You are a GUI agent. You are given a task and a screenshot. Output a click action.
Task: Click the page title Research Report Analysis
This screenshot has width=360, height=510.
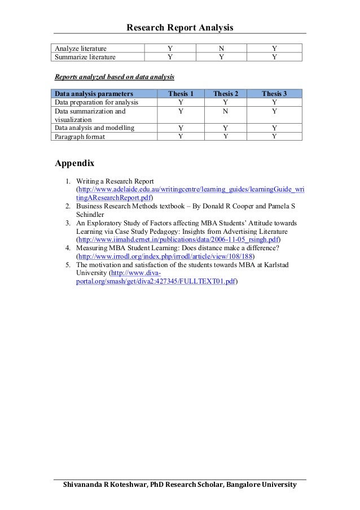[179, 27]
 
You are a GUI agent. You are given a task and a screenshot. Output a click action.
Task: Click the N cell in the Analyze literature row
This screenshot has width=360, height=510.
[221, 49]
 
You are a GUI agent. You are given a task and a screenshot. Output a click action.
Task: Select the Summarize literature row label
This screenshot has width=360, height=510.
[85, 57]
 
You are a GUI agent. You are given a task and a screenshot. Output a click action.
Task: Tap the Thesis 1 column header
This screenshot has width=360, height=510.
[181, 93]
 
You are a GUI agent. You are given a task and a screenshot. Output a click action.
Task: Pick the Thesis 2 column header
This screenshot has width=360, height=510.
[225, 93]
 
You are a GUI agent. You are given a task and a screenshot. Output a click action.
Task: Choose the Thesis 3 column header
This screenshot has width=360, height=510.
[274, 93]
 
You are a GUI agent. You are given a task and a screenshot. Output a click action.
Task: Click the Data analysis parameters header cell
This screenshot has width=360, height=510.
[94, 93]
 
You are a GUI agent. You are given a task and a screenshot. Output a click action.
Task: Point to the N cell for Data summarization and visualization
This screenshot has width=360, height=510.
[225, 112]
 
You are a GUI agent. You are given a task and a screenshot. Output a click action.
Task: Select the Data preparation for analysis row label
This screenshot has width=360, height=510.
[96, 102]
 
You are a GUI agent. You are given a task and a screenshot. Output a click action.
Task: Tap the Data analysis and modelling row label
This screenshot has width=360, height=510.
[94, 128]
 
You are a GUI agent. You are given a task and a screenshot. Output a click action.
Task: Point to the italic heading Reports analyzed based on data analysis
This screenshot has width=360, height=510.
[114, 76]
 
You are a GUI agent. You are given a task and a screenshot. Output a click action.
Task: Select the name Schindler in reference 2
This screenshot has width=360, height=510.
[91, 215]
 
